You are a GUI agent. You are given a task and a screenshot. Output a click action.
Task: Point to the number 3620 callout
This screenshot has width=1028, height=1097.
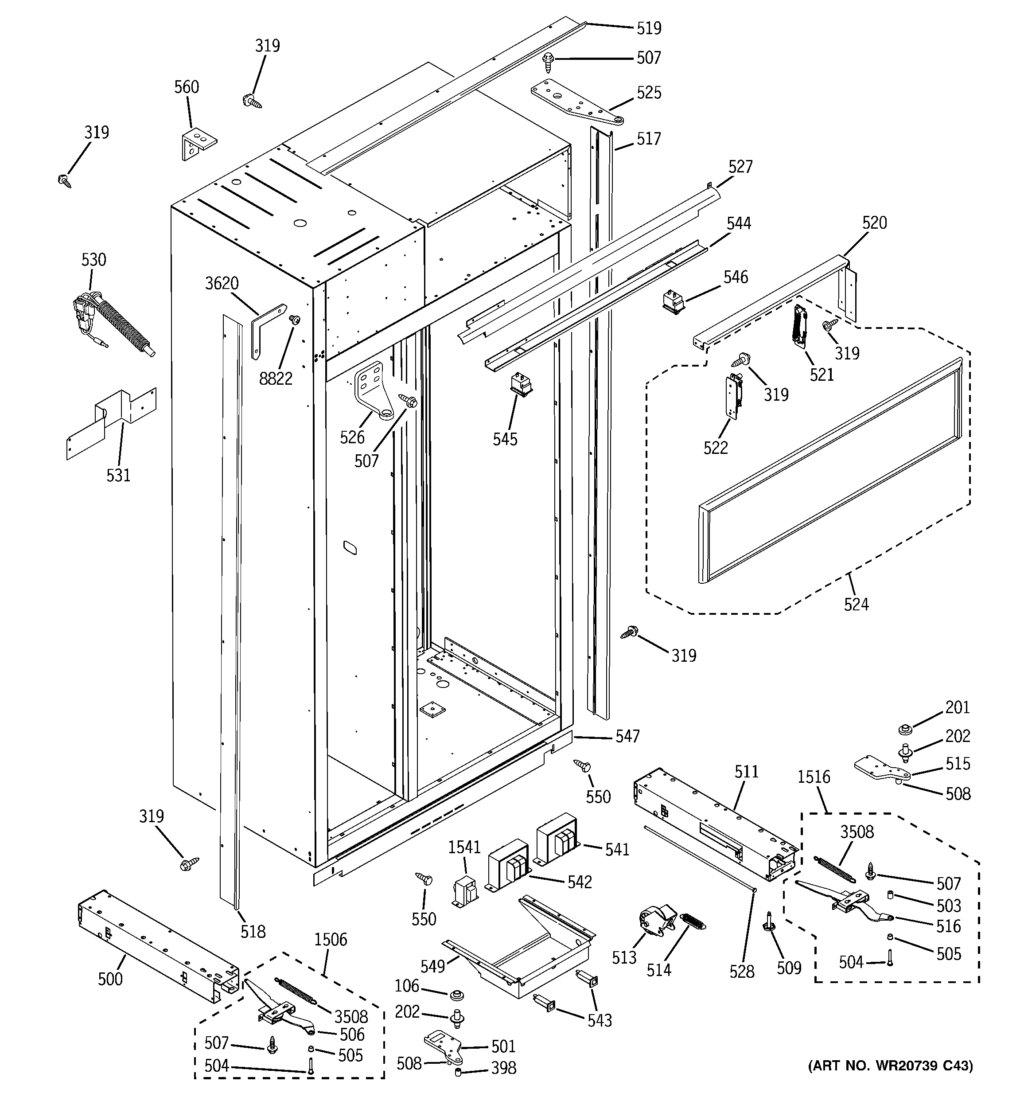(x=222, y=284)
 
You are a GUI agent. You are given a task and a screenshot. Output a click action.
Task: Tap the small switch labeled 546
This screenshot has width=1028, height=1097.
(x=673, y=302)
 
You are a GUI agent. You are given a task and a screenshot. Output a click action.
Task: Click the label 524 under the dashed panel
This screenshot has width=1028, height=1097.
(x=856, y=604)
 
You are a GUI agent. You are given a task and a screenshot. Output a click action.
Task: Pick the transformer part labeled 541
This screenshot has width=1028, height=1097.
(x=557, y=840)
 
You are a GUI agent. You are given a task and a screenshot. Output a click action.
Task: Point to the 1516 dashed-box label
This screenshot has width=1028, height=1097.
(x=814, y=777)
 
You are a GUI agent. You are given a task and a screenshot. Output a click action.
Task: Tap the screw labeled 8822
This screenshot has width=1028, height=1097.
(x=295, y=320)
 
